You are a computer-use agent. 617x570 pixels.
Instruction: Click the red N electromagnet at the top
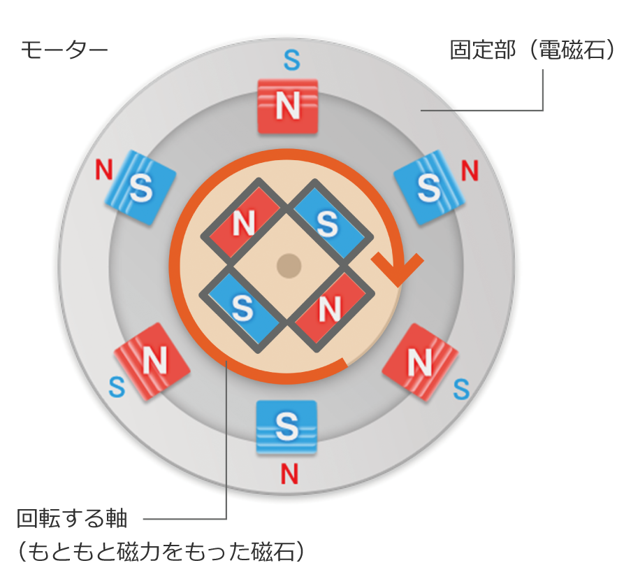[288, 106]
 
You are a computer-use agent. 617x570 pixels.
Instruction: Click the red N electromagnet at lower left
[152, 361]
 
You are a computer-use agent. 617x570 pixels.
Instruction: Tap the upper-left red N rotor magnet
[242, 223]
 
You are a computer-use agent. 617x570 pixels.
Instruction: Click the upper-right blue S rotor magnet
[327, 222]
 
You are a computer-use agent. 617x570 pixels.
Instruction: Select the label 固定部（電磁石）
[531, 51]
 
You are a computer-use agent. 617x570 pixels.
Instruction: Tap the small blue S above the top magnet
[292, 61]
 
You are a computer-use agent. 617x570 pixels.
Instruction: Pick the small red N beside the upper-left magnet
[104, 169]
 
